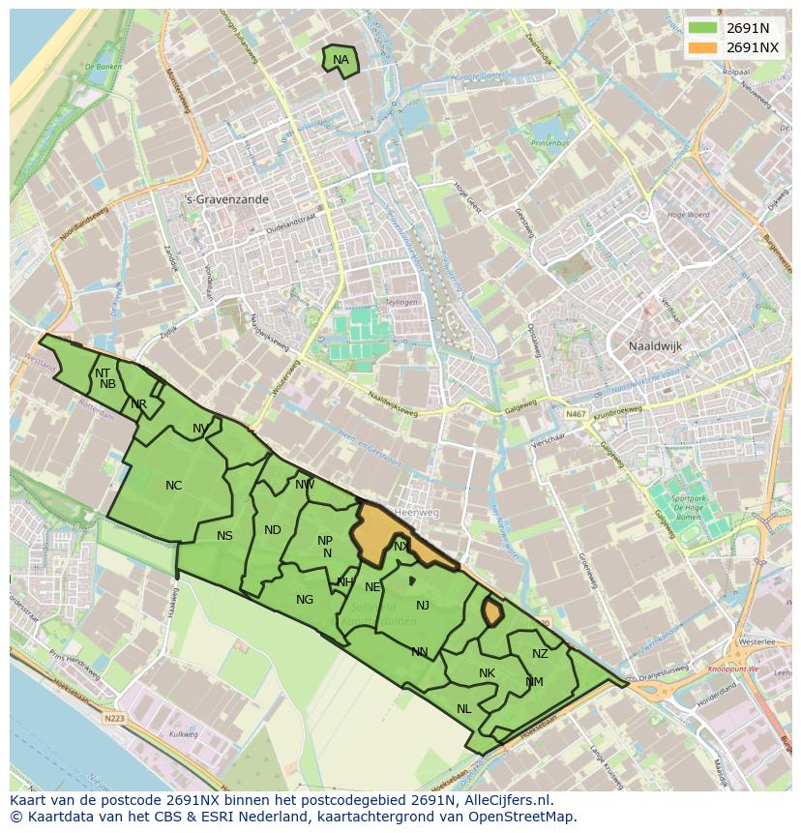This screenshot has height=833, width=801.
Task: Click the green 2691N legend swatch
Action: (703, 27)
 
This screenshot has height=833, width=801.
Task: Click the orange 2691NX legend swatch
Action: (703, 47)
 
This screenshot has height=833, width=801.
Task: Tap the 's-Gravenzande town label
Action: (226, 199)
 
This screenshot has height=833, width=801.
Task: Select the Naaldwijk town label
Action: (656, 345)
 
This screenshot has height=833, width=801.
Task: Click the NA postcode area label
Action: (341, 60)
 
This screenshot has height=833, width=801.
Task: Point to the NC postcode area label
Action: (173, 486)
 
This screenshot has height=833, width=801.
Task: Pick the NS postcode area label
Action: (224, 536)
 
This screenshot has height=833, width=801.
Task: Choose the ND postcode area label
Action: (273, 529)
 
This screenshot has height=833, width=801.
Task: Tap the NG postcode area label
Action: (305, 600)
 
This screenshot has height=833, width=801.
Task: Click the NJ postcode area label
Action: (423, 606)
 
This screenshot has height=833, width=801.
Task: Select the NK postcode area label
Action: (487, 673)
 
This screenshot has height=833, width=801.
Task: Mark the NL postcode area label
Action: (464, 709)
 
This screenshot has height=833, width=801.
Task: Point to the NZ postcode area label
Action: (540, 654)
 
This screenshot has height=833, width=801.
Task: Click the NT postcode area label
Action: (103, 372)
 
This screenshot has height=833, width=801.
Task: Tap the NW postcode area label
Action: (305, 485)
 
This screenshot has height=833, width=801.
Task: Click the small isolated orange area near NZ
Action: (491, 612)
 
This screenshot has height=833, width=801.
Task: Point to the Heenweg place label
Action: (419, 512)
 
